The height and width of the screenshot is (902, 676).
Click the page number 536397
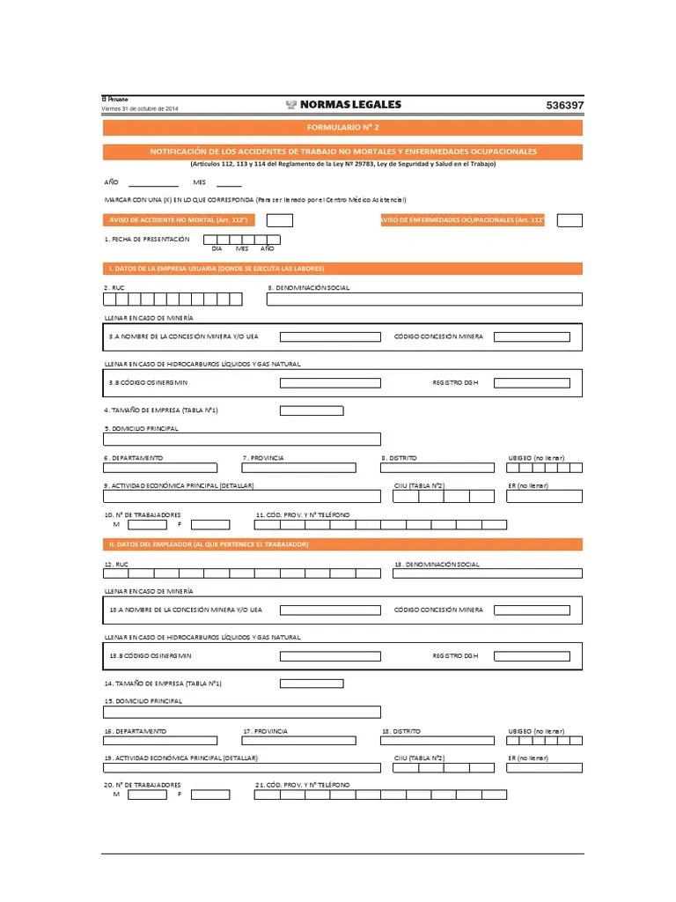coord(564,105)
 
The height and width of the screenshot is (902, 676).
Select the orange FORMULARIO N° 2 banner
coord(342,128)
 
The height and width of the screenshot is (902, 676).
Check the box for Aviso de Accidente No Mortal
coord(280,220)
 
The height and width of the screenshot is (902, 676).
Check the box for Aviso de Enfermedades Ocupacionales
coord(569,220)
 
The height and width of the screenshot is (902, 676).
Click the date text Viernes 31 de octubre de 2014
coord(141,108)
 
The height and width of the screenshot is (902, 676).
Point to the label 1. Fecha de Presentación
coord(147,239)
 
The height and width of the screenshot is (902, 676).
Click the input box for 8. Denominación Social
coord(423,299)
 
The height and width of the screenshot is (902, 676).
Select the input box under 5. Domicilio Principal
coord(242,439)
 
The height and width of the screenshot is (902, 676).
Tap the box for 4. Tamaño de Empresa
coord(312,410)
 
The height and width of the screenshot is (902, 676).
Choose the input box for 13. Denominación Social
coord(488,574)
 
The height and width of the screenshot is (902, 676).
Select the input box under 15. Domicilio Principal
coord(242,712)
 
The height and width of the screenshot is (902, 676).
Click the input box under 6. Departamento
coord(160,468)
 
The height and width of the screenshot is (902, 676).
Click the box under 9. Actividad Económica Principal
coord(242,496)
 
